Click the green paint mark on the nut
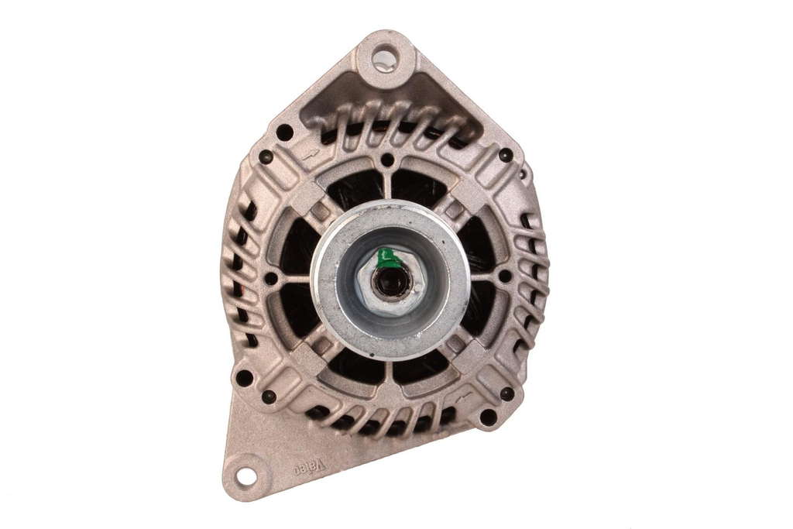point(387,258)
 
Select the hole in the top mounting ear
point(384,57)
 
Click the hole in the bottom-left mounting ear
point(245,476)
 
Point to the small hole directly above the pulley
point(387,160)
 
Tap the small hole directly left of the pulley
point(271,279)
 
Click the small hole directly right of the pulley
point(505,276)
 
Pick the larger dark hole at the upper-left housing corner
point(284,132)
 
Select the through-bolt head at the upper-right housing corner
point(505,154)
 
